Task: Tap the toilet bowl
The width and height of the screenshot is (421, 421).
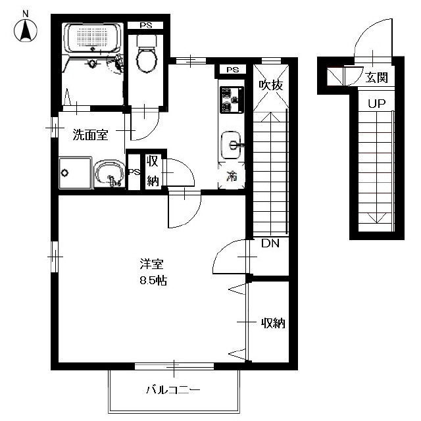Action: pyautogui.click(x=146, y=59)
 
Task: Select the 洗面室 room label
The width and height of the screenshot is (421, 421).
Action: pyautogui.click(x=91, y=135)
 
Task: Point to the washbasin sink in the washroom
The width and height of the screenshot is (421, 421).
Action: pyautogui.click(x=109, y=174)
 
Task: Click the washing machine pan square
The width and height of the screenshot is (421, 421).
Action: pyautogui.click(x=75, y=173)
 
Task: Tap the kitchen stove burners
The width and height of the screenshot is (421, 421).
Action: pyautogui.click(x=232, y=99)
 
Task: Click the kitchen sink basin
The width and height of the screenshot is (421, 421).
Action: pyautogui.click(x=231, y=145)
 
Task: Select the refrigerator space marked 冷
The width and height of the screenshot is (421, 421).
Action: pyautogui.click(x=232, y=176)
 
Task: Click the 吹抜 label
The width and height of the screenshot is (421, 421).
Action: pyautogui.click(x=271, y=85)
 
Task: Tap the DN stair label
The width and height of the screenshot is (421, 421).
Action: pyautogui.click(x=270, y=243)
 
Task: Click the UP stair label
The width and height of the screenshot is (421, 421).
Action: pyautogui.click(x=376, y=103)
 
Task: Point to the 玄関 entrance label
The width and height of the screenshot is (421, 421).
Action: pyautogui.click(x=376, y=78)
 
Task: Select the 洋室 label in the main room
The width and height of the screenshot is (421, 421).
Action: pyautogui.click(x=152, y=264)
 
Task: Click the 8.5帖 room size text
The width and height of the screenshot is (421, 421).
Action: pyautogui.click(x=153, y=281)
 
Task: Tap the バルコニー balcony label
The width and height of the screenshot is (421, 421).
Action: pyautogui.click(x=173, y=389)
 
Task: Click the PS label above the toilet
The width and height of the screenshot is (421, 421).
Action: pyautogui.click(x=146, y=26)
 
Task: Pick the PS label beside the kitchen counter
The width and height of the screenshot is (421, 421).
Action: pyautogui.click(x=232, y=70)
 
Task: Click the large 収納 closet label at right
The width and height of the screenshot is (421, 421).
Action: pyautogui.click(x=274, y=323)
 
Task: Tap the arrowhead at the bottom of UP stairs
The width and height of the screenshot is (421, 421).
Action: pyautogui.click(x=377, y=218)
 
